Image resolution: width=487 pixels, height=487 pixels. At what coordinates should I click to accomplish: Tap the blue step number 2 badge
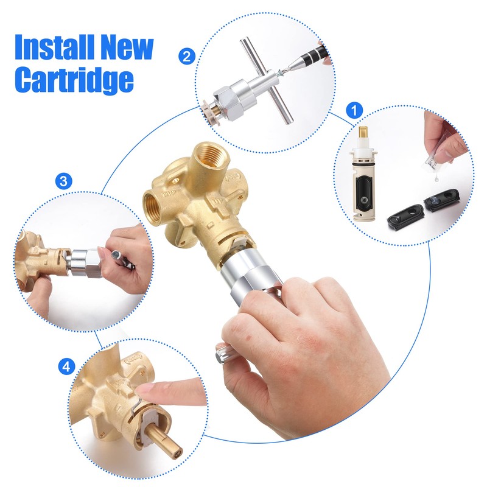click(187, 57)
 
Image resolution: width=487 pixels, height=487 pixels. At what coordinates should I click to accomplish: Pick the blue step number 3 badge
click(64, 181)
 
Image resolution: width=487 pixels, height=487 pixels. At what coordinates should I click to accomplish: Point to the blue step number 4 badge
click(66, 366)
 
